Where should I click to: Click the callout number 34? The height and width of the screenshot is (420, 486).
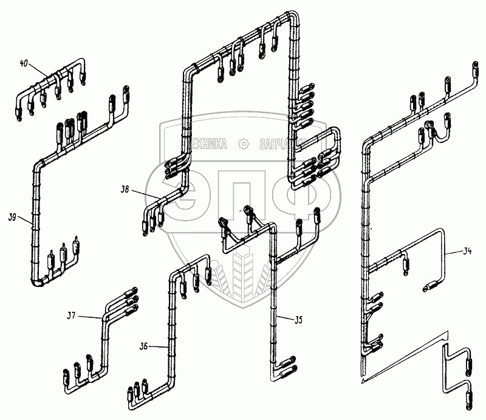tap(467, 250)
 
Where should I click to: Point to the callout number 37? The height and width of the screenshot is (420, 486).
tap(71, 315)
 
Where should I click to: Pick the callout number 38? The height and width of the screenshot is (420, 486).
tap(125, 190)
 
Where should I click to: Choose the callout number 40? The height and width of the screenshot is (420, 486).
tap(24, 63)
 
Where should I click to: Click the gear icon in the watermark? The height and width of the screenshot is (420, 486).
tap(245, 143)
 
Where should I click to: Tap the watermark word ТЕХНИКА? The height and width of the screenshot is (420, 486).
tap(203, 143)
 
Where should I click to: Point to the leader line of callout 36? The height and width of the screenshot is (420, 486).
tap(158, 347)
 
